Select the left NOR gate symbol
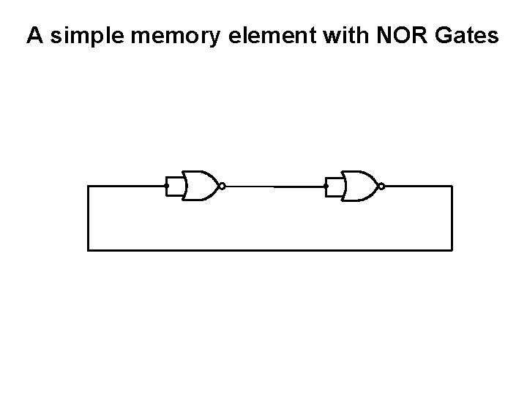click(x=200, y=187)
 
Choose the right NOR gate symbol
click(x=359, y=187)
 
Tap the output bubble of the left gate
click(x=223, y=187)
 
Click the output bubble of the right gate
click(x=381, y=187)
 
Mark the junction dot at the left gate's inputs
click(x=168, y=187)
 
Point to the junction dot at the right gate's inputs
click(x=326, y=187)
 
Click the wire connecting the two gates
click(x=274, y=187)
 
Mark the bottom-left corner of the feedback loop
click(x=88, y=250)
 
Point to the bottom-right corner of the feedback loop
click(x=452, y=250)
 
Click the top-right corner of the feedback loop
click(x=452, y=187)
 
